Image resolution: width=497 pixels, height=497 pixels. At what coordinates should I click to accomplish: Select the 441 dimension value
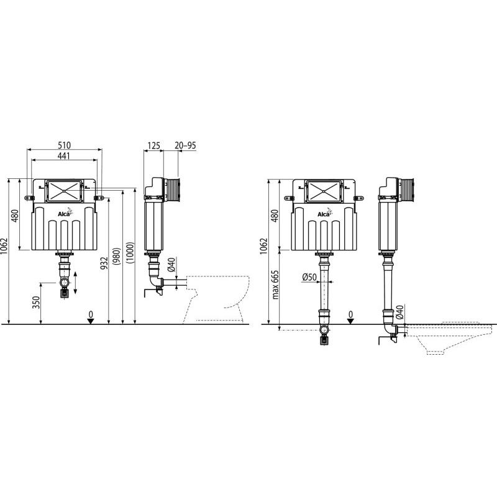point(65,157)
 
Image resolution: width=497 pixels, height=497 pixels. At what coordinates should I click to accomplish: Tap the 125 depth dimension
point(153,145)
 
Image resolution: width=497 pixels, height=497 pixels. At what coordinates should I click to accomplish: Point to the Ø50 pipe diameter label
point(311,277)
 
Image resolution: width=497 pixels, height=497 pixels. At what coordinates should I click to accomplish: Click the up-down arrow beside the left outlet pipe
point(76,283)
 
